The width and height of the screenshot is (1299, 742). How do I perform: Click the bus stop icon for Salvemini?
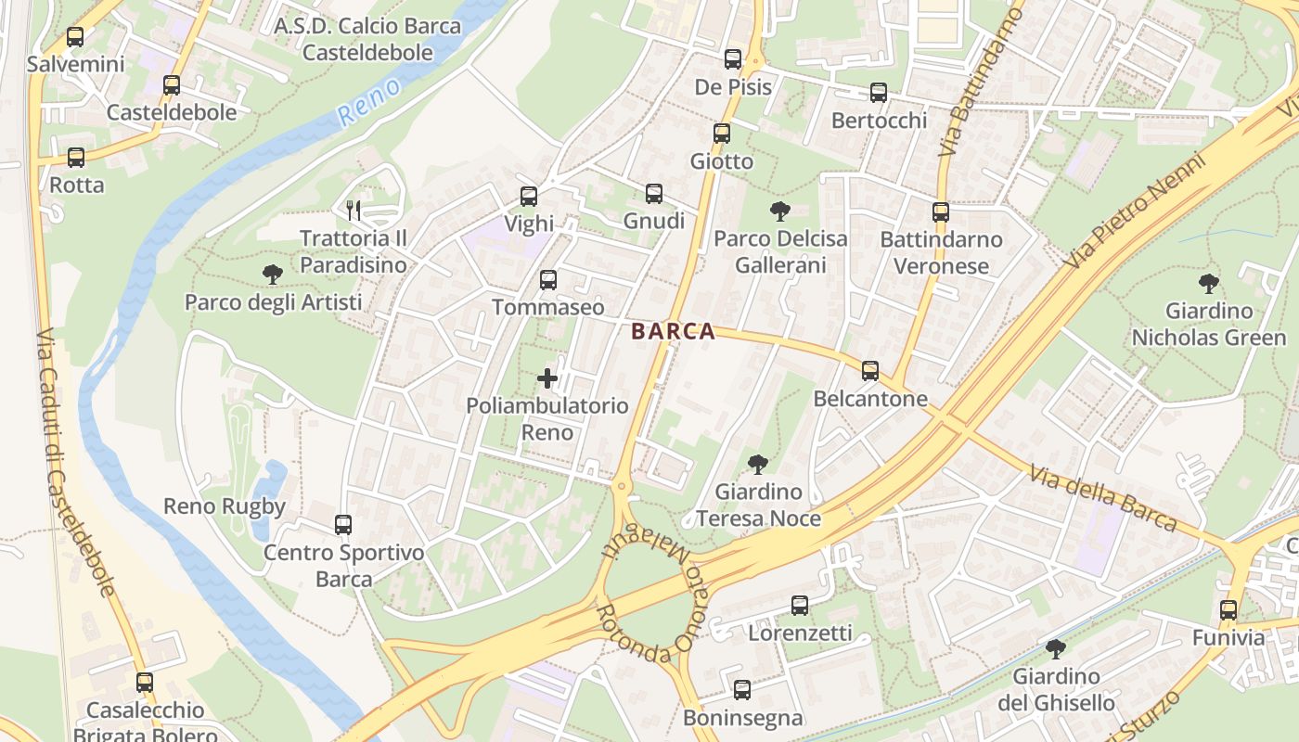coord(75,38)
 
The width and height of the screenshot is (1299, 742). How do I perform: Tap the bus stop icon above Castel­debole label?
coord(171,85)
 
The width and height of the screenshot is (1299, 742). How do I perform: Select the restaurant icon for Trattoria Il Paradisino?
coord(353,210)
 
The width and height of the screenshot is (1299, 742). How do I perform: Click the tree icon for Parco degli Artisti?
coord(272,275)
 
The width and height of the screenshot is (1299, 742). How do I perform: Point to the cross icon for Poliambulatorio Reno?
coord(547,378)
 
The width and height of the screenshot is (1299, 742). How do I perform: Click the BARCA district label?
coord(673,332)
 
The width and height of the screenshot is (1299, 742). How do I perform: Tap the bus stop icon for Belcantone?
coord(869,371)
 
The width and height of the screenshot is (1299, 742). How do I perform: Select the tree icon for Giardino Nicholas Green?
coord(1208,284)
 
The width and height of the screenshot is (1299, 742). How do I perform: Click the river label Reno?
coord(369,102)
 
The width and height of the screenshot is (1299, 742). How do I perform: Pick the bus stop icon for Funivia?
coord(1228,610)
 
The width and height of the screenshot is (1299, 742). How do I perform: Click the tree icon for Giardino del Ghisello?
coord(1055,648)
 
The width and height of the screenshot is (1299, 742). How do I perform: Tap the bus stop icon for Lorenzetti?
coord(799,607)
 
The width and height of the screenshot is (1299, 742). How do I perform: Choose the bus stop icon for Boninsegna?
coord(741,690)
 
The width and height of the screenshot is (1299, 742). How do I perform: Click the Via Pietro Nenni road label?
coord(1137,211)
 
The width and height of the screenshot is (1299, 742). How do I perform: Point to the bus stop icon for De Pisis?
coord(732,59)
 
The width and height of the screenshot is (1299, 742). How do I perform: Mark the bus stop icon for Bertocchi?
coord(878,93)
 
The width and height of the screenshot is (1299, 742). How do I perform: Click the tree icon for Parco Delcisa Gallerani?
coord(779,211)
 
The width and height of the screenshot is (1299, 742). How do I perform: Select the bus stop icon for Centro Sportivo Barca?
coord(343,525)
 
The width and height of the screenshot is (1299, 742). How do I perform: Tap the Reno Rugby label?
coord(224,506)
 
